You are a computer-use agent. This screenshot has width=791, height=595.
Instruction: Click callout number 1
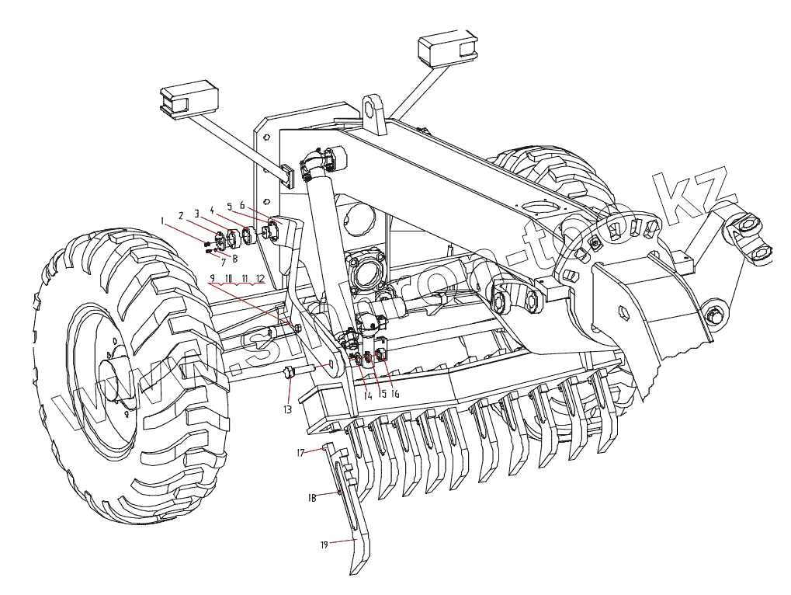coord(161,221)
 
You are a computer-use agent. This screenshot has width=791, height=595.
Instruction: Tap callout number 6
coord(242,206)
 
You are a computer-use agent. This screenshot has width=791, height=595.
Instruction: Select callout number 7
coord(223,263)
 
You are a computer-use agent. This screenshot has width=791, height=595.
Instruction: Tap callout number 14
coord(368,395)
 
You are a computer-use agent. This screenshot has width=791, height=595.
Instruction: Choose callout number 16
coord(395,394)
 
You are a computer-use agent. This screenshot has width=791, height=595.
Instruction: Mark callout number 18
coord(311,498)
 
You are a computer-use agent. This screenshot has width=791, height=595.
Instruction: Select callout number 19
coord(324,545)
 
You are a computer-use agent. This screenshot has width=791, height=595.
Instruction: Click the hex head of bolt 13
coord(289,373)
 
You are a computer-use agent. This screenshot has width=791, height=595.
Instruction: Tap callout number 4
coord(212,209)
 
